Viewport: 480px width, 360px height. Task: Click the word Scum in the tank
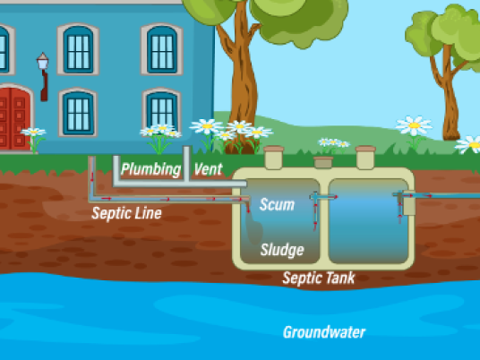277,204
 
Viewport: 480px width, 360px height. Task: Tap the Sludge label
282,250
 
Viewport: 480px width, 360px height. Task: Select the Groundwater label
324,332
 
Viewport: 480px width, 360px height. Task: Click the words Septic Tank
319,278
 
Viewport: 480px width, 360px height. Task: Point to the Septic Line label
126,213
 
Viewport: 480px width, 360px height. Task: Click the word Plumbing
151,169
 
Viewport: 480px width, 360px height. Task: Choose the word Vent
208,169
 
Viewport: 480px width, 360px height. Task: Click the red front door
14,118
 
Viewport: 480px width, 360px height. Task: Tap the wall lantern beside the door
43,76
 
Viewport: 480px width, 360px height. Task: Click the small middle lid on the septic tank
323,162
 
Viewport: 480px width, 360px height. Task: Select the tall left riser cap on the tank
274,158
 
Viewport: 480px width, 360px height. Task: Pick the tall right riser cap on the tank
365,158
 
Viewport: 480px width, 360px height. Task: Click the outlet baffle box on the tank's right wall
408,202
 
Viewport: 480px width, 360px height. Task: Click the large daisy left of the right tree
414,125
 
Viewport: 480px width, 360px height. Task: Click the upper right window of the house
162,49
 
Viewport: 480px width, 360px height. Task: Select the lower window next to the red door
78,113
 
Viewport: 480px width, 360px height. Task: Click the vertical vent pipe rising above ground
187,163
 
